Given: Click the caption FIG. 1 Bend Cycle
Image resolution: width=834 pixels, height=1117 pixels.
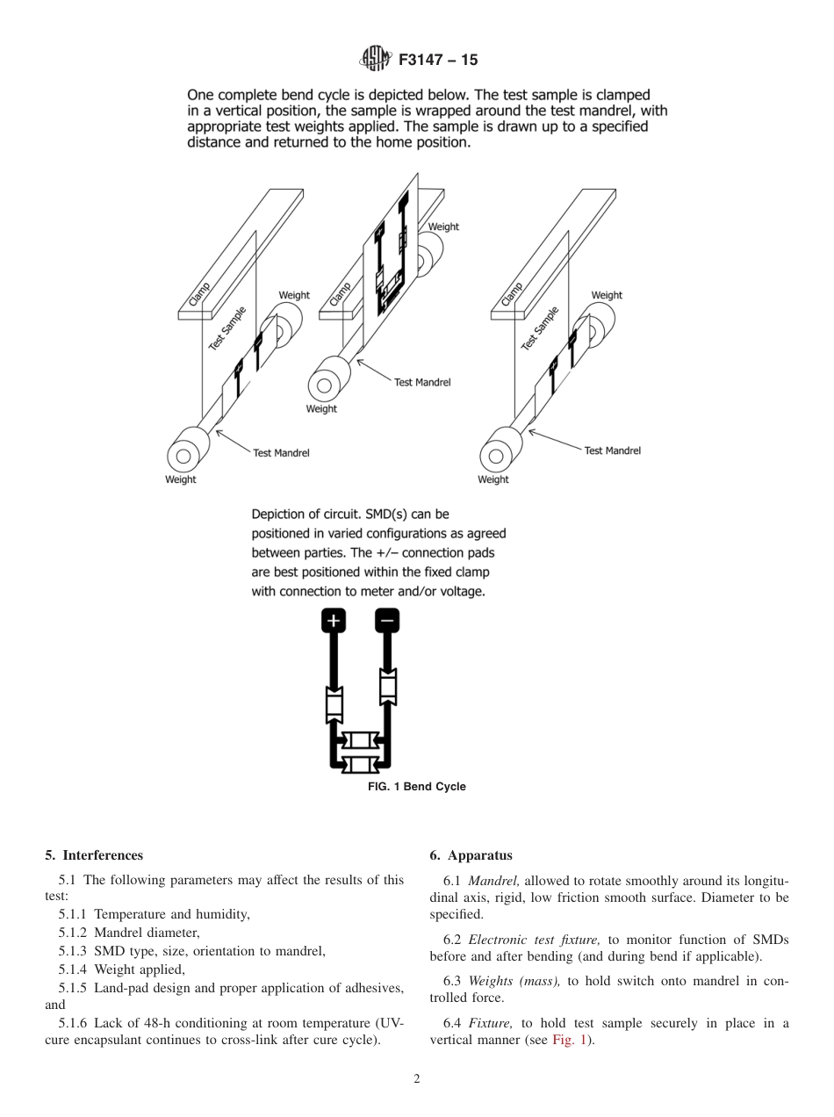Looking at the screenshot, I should pos(416,787).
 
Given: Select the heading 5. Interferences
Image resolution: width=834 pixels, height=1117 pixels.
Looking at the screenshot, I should pos(94,855).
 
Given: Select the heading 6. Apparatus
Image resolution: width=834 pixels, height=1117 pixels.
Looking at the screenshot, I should pos(471,855).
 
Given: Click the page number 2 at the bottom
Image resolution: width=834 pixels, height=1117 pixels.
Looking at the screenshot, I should pos(417,1079).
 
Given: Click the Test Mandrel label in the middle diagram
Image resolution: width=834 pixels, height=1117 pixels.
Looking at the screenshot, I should pos(422,383).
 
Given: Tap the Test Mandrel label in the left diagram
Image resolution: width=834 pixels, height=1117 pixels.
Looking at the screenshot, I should pos(281,453).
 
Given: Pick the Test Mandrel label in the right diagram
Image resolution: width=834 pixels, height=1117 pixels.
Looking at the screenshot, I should pos(612,450).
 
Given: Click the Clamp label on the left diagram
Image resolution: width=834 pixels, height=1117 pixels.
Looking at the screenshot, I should pos(196,293).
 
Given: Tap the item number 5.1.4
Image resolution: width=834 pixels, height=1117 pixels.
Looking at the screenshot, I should pos(74,969).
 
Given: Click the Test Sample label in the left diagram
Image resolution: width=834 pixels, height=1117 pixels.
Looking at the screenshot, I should pos(227,328).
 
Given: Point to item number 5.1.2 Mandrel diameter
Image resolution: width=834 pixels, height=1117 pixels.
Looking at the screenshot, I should pos(74,933).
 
